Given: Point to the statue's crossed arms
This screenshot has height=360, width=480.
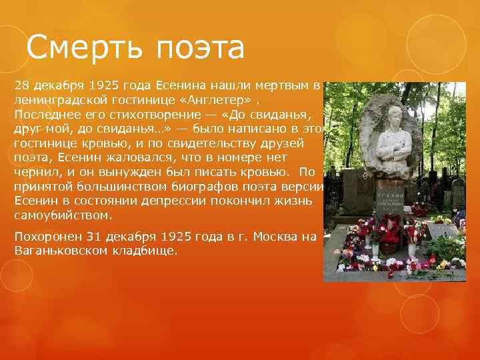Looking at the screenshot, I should (x=397, y=151).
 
